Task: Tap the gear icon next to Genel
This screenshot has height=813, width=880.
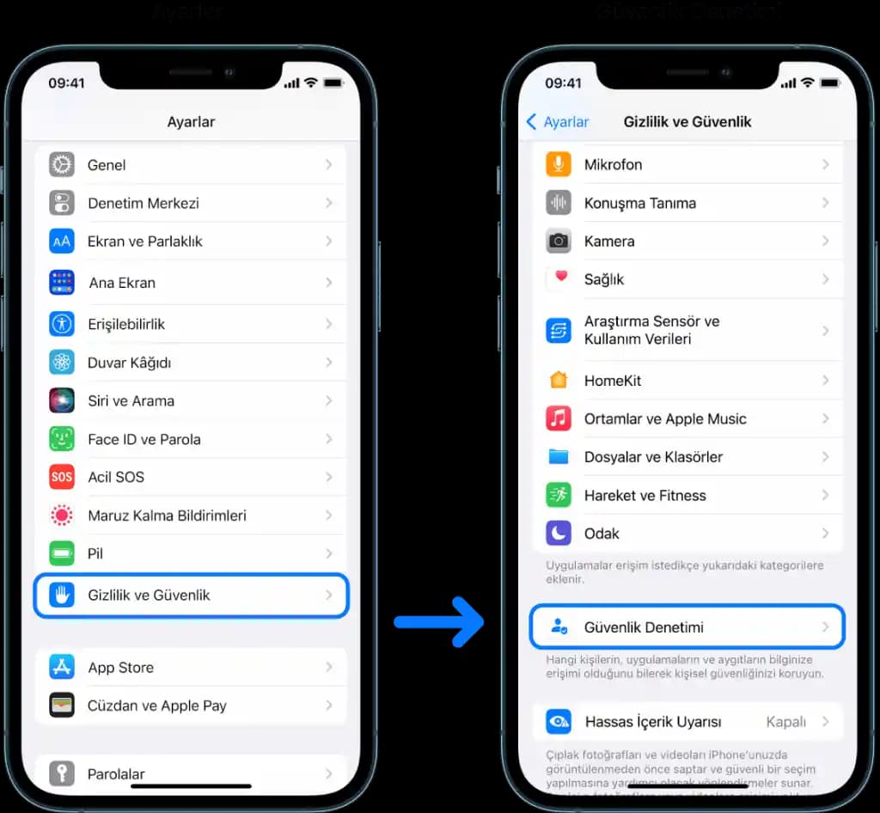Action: tap(62, 164)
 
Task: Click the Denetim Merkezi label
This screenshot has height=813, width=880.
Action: tap(143, 204)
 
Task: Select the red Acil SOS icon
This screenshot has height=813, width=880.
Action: tap(62, 477)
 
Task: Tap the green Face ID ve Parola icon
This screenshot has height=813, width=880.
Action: tap(62, 439)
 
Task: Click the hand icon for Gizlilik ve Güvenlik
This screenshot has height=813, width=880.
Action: tap(62, 595)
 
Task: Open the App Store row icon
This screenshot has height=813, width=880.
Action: tap(62, 668)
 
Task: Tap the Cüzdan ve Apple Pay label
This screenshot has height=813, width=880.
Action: tap(156, 706)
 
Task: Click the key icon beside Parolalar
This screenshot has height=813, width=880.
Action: tap(62, 773)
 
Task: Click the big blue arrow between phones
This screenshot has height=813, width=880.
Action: tap(439, 620)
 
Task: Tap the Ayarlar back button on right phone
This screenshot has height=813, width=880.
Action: tap(558, 122)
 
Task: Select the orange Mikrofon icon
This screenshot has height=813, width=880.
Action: tap(559, 164)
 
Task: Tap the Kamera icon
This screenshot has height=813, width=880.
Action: tap(559, 241)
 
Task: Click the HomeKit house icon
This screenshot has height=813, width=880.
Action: tap(559, 380)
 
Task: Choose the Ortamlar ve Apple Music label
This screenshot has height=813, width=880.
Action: tap(665, 419)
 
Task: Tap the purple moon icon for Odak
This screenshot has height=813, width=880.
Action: tap(559, 534)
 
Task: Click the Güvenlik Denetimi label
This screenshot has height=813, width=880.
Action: tap(644, 627)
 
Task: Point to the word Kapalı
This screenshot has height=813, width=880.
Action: tap(785, 722)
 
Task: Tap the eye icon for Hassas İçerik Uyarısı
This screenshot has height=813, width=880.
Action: tap(559, 722)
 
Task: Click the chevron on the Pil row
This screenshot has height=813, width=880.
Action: tap(328, 553)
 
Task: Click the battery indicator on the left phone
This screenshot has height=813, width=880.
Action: tap(333, 83)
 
